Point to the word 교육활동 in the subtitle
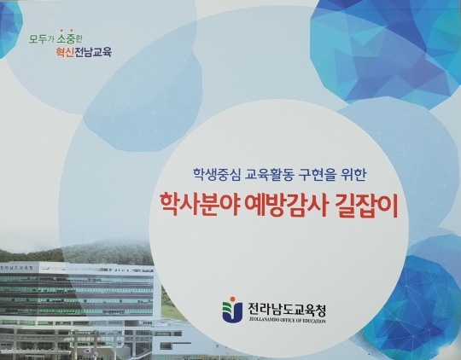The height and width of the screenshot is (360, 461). tap(263, 177)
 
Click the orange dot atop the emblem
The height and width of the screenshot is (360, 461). tap(232, 299)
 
